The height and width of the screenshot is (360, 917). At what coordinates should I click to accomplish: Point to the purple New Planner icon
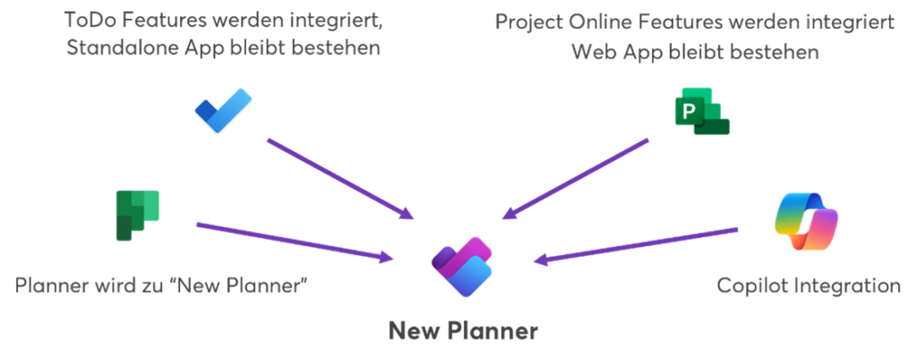(462, 261)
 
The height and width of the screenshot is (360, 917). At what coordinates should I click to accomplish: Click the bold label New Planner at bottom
(463, 332)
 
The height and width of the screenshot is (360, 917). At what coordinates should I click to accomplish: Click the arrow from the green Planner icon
(296, 241)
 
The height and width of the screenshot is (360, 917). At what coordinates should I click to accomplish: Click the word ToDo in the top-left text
(90, 18)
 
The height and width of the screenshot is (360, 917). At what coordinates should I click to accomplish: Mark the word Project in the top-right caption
(530, 21)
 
